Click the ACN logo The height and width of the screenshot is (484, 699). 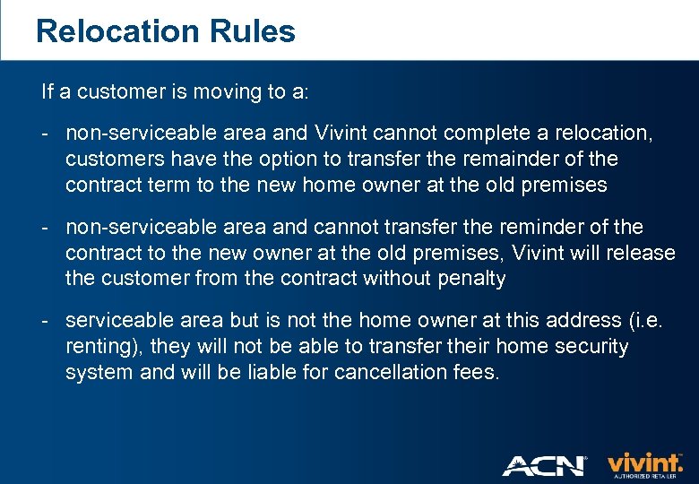point(544,465)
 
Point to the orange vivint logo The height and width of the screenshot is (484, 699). point(645,463)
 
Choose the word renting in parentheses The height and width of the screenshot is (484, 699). point(101,347)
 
